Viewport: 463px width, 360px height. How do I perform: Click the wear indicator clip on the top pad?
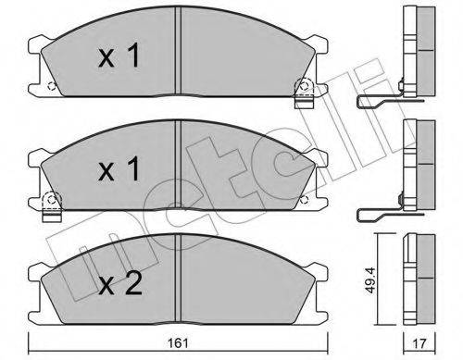click(x=301, y=92)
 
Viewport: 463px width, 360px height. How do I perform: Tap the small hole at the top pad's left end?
click(x=51, y=88)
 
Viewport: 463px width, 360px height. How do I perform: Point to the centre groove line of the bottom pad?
click(x=176, y=278)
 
